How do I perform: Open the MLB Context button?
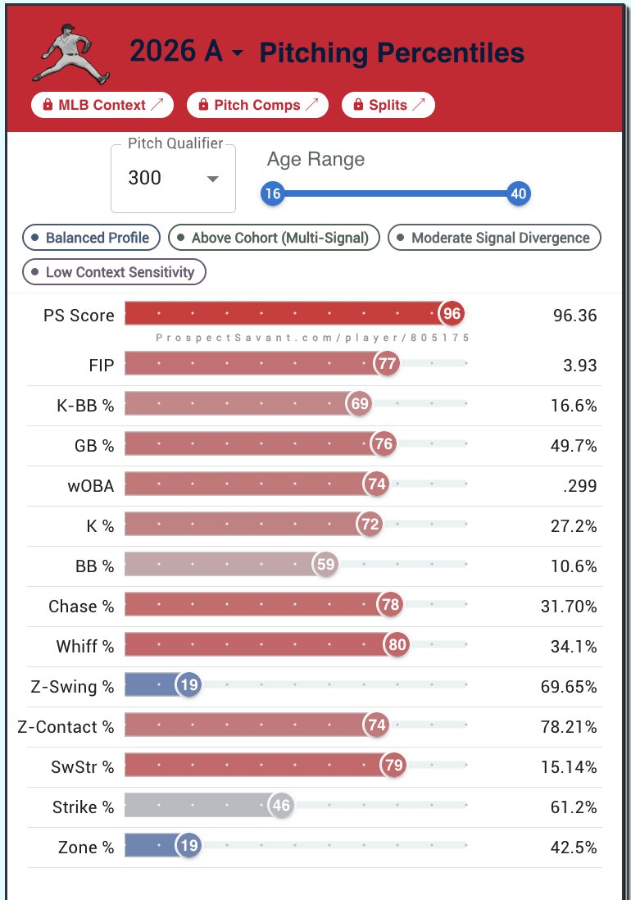(x=102, y=105)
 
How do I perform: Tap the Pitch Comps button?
(x=257, y=105)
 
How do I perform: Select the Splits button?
(x=388, y=105)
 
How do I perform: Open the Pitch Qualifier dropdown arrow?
(x=213, y=179)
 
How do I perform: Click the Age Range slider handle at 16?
(x=273, y=193)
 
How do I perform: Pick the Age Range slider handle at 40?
(x=519, y=193)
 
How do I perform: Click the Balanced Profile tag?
(x=91, y=238)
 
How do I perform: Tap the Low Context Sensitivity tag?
(x=114, y=272)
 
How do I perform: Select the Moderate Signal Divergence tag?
(x=494, y=238)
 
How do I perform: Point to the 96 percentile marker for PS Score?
(x=452, y=313)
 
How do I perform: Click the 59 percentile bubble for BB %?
(x=325, y=564)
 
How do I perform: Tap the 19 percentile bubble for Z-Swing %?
(x=188, y=684)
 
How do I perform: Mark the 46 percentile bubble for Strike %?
(x=281, y=805)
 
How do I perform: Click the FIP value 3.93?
(x=580, y=366)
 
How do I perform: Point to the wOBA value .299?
(x=580, y=486)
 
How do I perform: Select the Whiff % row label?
(x=85, y=647)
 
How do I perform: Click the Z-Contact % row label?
(x=66, y=727)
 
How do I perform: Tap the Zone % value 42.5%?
(x=574, y=848)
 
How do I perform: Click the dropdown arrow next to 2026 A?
(x=238, y=53)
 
